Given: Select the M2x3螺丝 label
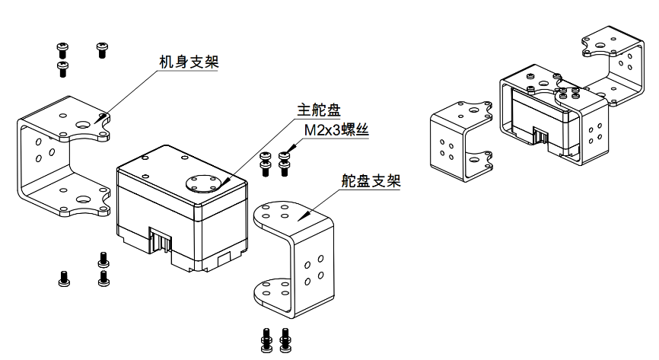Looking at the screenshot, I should click(x=336, y=130).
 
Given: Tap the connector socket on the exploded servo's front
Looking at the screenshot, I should click(x=161, y=242).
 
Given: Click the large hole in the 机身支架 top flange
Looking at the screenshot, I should click(x=82, y=123).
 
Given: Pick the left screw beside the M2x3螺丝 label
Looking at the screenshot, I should click(x=266, y=164).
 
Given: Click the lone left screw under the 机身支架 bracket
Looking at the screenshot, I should click(x=63, y=279).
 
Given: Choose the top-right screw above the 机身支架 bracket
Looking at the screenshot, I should click(x=101, y=50).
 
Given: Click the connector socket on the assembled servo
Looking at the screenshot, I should click(x=542, y=137).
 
